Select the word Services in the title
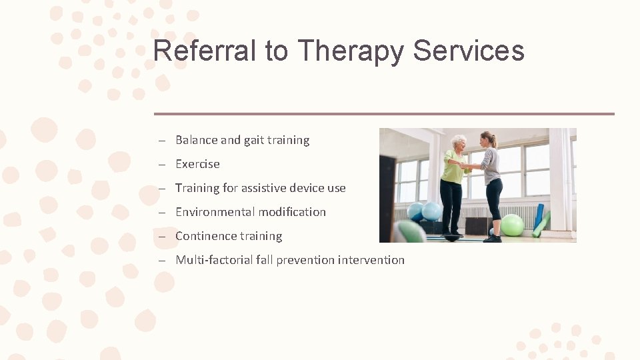(x=469, y=51)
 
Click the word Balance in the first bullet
(x=196, y=140)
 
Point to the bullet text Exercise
(x=197, y=164)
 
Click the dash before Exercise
(x=162, y=164)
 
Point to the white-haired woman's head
(x=459, y=143)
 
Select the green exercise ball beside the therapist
(x=512, y=225)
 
